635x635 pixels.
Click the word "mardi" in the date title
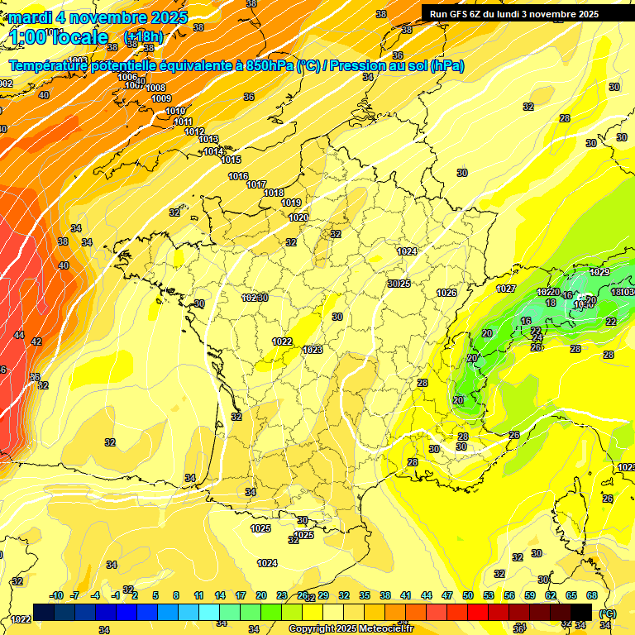(x=31, y=17)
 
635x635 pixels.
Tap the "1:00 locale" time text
(x=59, y=37)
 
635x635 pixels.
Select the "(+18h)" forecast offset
(x=143, y=37)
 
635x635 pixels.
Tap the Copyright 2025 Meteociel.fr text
(x=351, y=629)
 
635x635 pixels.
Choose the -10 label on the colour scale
(x=56, y=595)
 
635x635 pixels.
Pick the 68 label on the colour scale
(x=592, y=595)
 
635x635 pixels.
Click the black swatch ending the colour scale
(x=581, y=612)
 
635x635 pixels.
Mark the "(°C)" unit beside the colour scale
(x=608, y=614)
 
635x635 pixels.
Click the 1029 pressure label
(x=599, y=272)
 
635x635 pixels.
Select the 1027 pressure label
(x=506, y=289)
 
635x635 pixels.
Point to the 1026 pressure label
(x=446, y=293)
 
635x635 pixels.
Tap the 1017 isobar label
(x=256, y=184)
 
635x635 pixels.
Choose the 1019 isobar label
(x=291, y=203)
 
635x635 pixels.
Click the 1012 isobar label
(x=194, y=131)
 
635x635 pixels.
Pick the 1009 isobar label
(x=161, y=98)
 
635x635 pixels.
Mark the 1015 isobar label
(x=231, y=160)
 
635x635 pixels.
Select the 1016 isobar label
(x=238, y=176)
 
